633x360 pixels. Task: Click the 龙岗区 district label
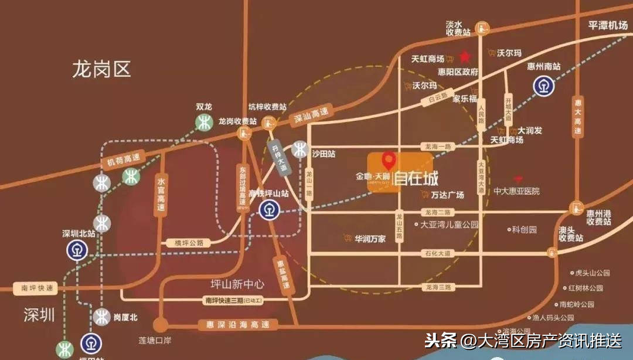pos(101,69)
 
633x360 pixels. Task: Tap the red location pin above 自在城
pos(388,159)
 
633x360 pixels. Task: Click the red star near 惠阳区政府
pos(465,57)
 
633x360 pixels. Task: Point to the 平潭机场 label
pos(608,25)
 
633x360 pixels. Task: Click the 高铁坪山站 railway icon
pos(270,209)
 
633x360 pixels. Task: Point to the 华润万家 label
pos(369,239)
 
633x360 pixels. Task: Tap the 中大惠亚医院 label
pos(516,191)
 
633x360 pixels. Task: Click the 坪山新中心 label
pos(237,284)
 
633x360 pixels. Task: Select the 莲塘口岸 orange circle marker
pos(160,325)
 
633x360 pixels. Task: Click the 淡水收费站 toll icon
pos(482,28)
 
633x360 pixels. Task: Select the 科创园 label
pos(524,230)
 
